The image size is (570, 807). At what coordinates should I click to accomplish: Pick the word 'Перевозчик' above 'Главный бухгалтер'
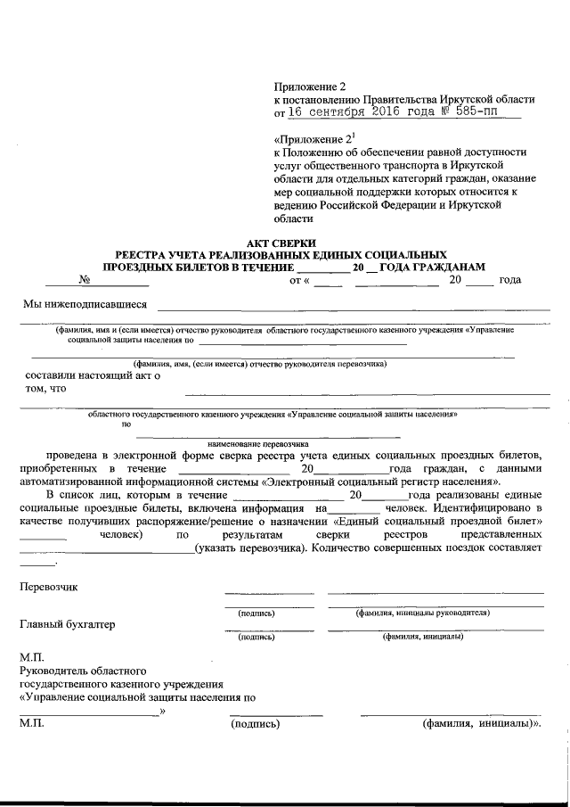(x=49, y=587)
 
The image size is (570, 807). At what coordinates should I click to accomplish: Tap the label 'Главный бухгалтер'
(x=68, y=624)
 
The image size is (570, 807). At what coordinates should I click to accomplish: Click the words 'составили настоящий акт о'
(x=93, y=375)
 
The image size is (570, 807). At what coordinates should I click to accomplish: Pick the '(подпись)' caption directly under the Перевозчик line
(x=256, y=613)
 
